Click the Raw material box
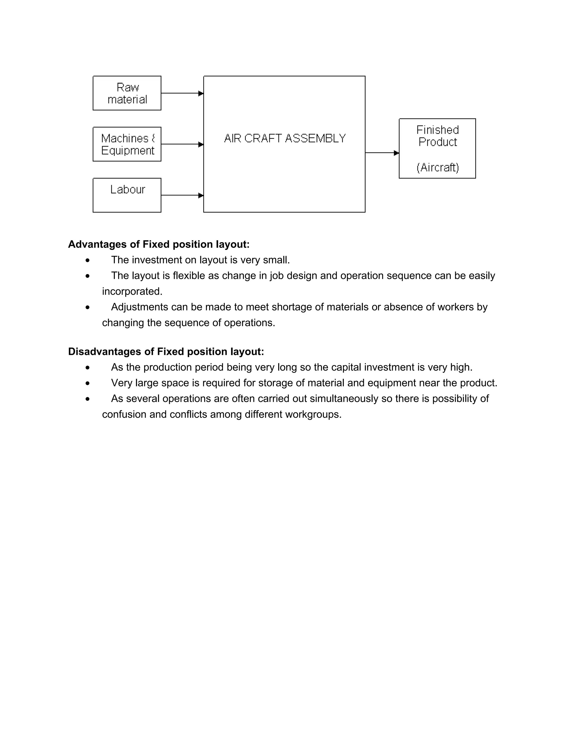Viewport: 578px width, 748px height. (x=127, y=93)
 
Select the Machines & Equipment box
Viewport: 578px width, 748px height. (x=127, y=144)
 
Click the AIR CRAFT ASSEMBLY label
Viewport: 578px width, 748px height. (x=284, y=138)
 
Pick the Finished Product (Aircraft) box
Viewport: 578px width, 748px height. (x=437, y=148)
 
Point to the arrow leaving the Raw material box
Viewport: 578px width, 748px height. (x=182, y=93)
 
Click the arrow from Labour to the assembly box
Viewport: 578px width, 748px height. (x=182, y=195)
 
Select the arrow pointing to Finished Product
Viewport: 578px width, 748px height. (x=382, y=153)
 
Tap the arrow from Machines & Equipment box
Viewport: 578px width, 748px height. (x=182, y=144)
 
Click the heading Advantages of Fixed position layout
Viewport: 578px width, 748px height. (x=159, y=244)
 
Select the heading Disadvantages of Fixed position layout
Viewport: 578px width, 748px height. (x=166, y=351)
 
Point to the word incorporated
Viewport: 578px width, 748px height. (x=132, y=292)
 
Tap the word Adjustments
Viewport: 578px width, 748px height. (x=140, y=307)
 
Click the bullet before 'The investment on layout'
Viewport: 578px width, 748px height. (x=88, y=261)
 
